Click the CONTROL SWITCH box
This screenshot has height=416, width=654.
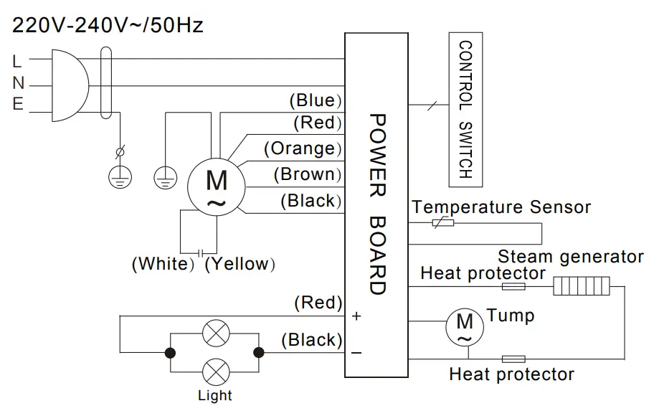tap(466, 109)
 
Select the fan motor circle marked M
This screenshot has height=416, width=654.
tap(216, 184)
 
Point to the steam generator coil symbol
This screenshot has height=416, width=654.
tap(581, 287)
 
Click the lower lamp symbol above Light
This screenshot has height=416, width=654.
tap(214, 372)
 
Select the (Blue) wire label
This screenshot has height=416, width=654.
tap(315, 100)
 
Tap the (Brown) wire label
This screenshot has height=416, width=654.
tap(308, 174)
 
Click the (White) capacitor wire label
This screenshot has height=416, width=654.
tap(163, 264)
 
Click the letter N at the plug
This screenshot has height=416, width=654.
tap(18, 84)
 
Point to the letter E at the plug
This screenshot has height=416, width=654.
tap(18, 105)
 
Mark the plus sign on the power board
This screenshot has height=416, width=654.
tap(356, 316)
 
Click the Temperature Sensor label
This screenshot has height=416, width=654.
tap(501, 207)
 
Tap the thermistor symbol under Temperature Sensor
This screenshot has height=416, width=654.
tap(441, 223)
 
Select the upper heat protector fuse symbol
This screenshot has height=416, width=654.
tap(513, 287)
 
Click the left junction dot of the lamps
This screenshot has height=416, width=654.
tap(171, 352)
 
